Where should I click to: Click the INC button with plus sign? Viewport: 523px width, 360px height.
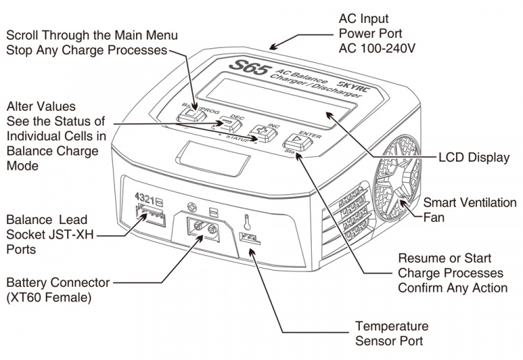[263, 130]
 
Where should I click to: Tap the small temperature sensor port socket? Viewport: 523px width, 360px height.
[249, 238]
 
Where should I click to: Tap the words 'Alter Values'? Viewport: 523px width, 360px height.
[40, 106]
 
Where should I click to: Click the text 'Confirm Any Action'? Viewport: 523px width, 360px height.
[453, 287]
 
